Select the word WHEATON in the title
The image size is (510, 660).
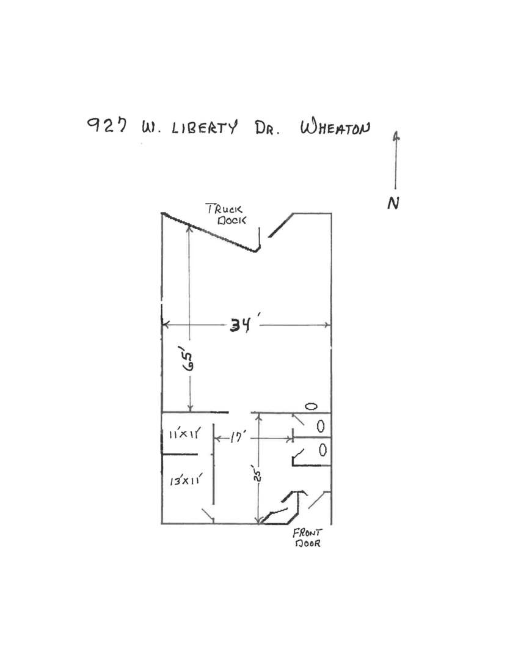tap(335, 129)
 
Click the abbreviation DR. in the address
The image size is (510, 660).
tap(265, 129)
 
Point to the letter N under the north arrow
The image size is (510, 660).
tap(393, 204)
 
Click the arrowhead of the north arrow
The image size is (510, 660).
tap(396, 136)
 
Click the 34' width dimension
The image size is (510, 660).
tap(241, 325)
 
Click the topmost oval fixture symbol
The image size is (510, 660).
tap(311, 406)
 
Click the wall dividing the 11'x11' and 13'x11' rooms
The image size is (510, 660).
tap(180, 455)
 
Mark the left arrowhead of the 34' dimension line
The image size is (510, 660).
tap(164, 324)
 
